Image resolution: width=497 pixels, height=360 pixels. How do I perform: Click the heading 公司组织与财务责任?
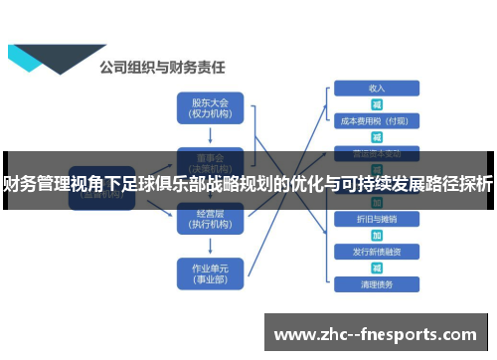tap(163, 69)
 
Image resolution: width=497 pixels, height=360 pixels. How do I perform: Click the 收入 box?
tap(377, 88)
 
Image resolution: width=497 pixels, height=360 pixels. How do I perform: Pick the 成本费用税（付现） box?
tap(377, 120)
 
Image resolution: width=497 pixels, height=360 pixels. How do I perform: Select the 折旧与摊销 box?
tap(377, 218)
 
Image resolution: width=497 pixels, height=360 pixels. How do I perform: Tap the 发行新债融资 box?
tap(377, 252)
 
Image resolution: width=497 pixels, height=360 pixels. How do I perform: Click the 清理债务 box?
tap(377, 284)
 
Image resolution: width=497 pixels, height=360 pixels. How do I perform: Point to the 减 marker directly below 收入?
tap(377, 103)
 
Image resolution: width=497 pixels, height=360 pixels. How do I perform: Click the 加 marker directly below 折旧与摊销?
tap(377, 235)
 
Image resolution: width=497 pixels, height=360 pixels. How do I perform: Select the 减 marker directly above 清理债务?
tap(377, 268)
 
